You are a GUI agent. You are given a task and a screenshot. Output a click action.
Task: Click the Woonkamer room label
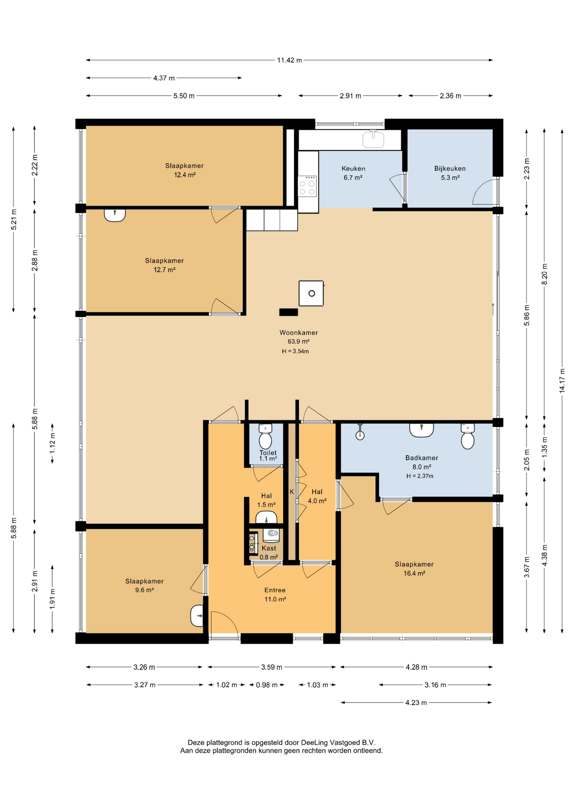pos(299,332)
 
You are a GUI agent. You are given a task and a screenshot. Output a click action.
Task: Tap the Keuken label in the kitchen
pos(354,168)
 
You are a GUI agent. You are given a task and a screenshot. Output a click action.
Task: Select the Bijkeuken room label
pos(450,168)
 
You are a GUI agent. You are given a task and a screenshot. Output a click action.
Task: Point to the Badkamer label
pos(422,458)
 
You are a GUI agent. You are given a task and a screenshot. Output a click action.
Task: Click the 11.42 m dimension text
pos(290,60)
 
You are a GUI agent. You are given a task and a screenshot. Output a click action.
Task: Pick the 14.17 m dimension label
pos(562,381)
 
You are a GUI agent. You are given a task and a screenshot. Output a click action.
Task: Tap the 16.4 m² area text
pos(415,573)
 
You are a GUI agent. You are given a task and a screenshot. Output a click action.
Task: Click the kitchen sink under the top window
pos(373,139)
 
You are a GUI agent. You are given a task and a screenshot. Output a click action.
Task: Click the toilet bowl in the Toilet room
pos(265,437)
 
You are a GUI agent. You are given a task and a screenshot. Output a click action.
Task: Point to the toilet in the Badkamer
pos(467,437)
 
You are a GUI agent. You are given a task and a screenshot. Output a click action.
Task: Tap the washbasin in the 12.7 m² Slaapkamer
pos(115,215)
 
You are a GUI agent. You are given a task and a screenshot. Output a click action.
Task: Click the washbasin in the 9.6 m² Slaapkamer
pos(197,616)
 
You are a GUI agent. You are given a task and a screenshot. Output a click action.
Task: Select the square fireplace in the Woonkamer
pos(311,293)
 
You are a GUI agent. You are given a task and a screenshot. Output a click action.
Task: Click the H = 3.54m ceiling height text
pos(296,351)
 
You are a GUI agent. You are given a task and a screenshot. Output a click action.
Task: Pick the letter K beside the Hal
pos(292,492)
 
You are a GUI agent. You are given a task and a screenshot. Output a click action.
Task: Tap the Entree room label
pos(275,590)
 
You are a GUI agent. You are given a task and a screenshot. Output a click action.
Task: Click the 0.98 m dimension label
pos(267,685)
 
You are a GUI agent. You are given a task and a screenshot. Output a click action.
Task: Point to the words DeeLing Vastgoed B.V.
pos(338,742)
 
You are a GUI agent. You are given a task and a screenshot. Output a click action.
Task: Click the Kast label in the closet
pos(269,548)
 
